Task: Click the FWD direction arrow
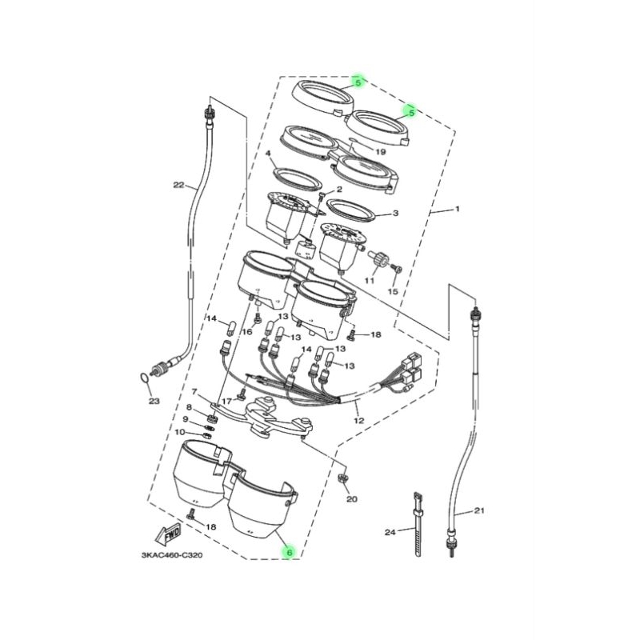(x=167, y=535)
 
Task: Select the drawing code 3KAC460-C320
(x=172, y=555)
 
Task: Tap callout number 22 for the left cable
(x=178, y=185)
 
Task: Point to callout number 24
(x=390, y=532)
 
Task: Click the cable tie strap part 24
(x=418, y=524)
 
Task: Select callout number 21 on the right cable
(x=479, y=510)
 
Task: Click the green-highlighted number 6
(x=290, y=553)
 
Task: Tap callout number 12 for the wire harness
(x=358, y=421)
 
